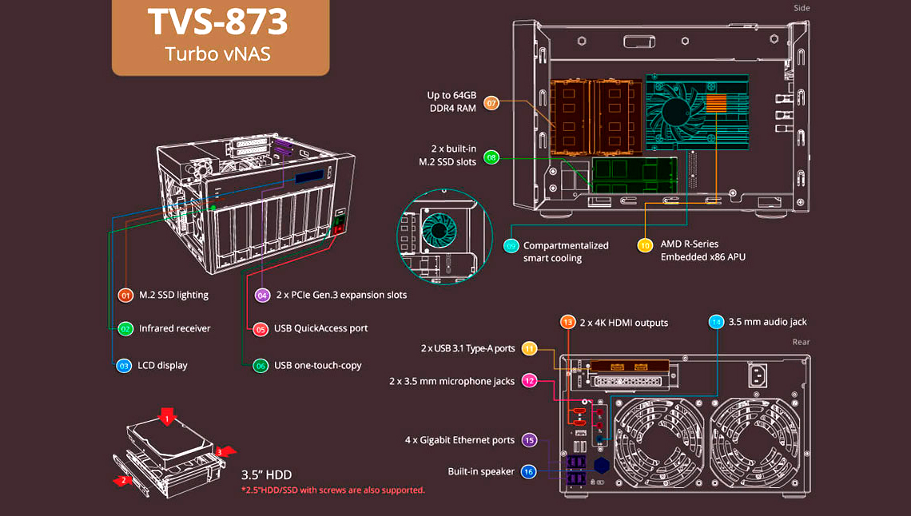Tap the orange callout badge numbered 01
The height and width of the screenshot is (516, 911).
tap(125, 295)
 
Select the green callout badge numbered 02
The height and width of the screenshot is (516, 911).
tap(125, 328)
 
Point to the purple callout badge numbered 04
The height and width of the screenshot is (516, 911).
tap(262, 295)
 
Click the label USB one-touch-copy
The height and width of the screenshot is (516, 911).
tap(317, 365)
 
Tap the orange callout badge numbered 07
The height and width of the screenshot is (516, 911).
tap(491, 103)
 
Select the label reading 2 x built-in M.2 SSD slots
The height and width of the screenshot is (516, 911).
tap(448, 155)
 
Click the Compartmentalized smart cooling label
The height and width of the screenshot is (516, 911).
tap(566, 252)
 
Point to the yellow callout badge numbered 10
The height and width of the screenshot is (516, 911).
tap(645, 245)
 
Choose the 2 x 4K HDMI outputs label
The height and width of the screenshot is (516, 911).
tap(625, 323)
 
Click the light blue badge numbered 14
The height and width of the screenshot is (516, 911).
tap(716, 322)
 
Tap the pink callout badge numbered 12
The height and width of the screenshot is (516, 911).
tap(529, 381)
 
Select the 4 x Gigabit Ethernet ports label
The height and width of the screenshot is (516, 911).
tap(459, 440)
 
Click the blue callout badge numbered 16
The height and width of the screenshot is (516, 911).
tap(528, 471)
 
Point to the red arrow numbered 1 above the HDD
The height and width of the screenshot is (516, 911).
tap(166, 417)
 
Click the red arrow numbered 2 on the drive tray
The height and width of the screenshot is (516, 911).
tap(122, 481)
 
